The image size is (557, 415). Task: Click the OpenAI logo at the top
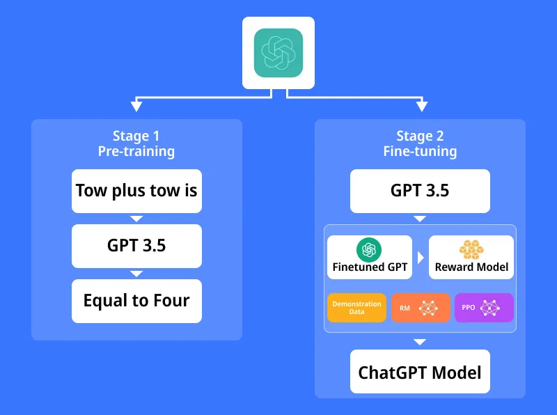(x=278, y=52)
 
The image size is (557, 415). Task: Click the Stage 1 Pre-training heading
(x=136, y=143)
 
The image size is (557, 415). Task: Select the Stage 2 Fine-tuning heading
(x=420, y=143)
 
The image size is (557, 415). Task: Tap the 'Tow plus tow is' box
(x=136, y=190)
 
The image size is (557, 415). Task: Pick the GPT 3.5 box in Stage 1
(x=136, y=245)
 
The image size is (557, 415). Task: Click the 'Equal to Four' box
(x=136, y=301)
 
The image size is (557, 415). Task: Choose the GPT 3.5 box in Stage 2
(x=420, y=190)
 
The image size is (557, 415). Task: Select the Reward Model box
(x=471, y=257)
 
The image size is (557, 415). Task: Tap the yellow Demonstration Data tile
(x=356, y=307)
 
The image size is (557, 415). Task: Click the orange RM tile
(x=421, y=307)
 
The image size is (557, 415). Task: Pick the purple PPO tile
(x=484, y=307)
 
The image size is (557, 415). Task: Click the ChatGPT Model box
(x=420, y=372)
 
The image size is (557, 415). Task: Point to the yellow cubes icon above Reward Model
(x=471, y=249)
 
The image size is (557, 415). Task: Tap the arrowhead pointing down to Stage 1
(x=136, y=107)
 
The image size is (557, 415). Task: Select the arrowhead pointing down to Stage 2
(x=421, y=107)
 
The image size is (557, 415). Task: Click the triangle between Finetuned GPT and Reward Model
(x=419, y=257)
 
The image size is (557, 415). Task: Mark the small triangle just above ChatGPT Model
(x=420, y=342)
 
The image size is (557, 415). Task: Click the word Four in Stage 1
(x=171, y=301)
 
